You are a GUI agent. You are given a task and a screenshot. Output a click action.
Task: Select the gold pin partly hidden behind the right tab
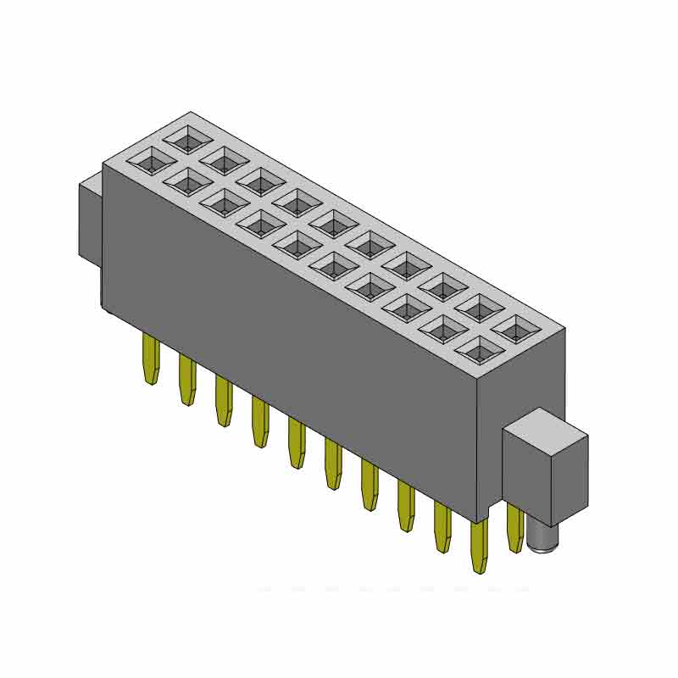(514, 530)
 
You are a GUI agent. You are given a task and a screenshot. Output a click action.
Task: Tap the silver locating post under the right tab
(539, 537)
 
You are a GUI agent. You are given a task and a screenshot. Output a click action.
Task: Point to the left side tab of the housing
(90, 220)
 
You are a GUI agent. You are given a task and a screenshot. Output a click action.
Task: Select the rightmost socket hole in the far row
(514, 328)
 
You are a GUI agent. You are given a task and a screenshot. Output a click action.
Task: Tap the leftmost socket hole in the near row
(152, 158)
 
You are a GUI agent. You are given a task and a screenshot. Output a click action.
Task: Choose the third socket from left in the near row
(225, 201)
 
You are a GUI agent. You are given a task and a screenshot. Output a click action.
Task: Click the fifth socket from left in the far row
(333, 222)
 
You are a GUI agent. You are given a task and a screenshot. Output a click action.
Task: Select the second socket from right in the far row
(478, 307)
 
